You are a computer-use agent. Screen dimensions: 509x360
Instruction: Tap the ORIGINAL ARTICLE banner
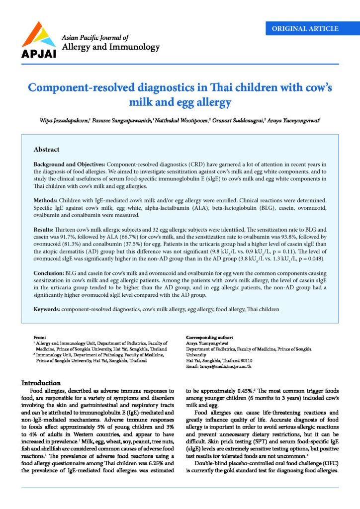[x=305, y=28]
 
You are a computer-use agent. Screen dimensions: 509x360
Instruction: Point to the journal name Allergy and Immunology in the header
[x=110, y=47]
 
